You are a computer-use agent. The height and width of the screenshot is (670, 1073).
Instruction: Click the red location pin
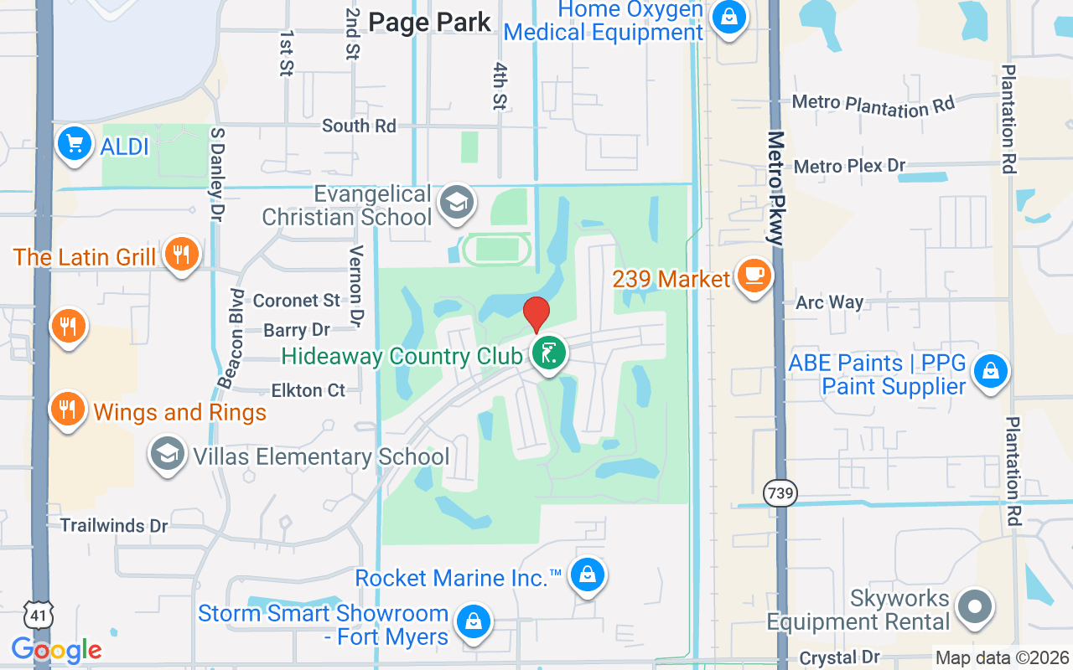(x=536, y=314)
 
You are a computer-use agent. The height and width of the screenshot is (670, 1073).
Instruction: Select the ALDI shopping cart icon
(x=74, y=145)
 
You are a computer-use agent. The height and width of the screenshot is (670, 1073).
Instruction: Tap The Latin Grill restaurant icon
(x=181, y=254)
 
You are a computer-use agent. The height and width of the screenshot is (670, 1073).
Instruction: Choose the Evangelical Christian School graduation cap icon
(x=457, y=204)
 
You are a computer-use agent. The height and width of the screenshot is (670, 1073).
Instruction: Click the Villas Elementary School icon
(x=168, y=455)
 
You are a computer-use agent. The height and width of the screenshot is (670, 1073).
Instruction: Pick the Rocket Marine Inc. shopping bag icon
(x=588, y=575)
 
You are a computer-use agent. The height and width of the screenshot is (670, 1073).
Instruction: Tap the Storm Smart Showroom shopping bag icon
(x=473, y=622)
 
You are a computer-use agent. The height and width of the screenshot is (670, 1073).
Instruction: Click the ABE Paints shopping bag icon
(x=991, y=370)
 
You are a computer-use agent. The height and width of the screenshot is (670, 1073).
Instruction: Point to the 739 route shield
(x=780, y=493)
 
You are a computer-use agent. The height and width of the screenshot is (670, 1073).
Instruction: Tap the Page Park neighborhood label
(x=429, y=23)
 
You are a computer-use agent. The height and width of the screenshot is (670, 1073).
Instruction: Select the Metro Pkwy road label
(x=775, y=188)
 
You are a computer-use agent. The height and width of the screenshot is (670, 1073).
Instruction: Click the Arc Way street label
(x=829, y=302)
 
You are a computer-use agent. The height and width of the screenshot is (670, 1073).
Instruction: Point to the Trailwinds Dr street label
(x=114, y=526)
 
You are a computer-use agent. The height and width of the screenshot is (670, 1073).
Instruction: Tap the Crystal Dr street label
(x=840, y=658)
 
